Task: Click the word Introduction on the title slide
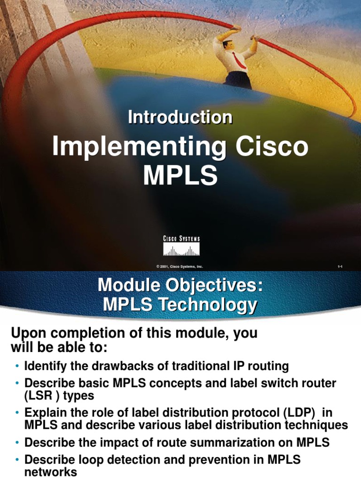[180, 118]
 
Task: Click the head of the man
[228, 44]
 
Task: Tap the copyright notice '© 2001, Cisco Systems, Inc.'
[180, 266]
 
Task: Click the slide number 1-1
[340, 267]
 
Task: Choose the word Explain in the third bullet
[43, 413]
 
